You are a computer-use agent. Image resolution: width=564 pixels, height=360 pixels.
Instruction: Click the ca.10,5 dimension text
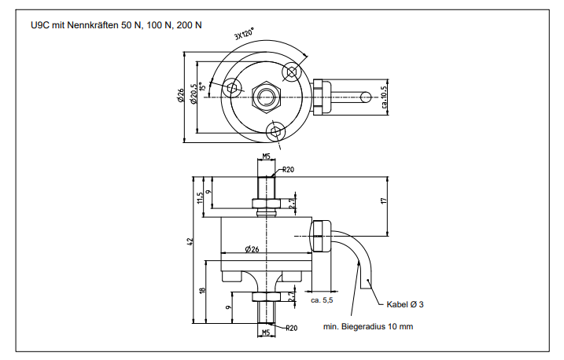pos(384,98)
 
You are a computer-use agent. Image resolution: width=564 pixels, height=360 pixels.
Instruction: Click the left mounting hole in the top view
pos(232,87)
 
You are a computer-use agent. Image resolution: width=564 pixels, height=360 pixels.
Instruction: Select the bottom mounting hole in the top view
pos(276,129)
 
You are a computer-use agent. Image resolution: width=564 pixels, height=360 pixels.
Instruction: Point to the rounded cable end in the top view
pos(367,97)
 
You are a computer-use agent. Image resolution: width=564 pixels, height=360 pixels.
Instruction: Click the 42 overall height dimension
pos(190,242)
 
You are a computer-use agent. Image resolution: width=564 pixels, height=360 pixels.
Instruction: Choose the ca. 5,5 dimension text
pos(323,300)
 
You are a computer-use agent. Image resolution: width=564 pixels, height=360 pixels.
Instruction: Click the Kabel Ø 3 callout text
pos(405,304)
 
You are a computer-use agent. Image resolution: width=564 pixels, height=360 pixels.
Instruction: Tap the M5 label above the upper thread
pos(267,156)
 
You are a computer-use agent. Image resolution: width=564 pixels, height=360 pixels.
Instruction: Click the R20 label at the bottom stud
pos(290,327)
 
